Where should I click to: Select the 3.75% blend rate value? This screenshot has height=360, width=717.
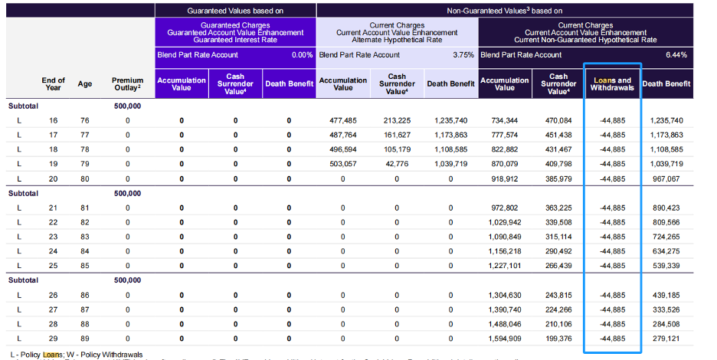click(x=462, y=55)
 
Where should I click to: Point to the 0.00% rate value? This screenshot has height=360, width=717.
click(x=302, y=55)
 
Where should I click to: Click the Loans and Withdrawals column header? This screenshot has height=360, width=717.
click(x=612, y=83)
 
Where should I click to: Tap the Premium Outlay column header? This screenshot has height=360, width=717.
click(x=127, y=84)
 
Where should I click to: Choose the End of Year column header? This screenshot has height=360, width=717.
click(x=53, y=84)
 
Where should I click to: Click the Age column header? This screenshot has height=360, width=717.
click(x=85, y=84)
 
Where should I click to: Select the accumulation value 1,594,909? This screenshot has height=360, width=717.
click(x=505, y=338)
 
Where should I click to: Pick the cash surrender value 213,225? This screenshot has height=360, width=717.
click(x=397, y=120)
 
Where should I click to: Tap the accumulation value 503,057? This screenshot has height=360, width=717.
click(x=343, y=164)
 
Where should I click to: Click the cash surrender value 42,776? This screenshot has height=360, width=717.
click(x=397, y=164)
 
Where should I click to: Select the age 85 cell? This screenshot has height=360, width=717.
click(x=85, y=266)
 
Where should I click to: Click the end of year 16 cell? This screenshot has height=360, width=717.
click(x=53, y=120)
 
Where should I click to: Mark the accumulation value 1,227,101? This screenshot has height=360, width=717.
click(x=505, y=266)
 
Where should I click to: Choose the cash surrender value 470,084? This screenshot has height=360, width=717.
click(x=558, y=120)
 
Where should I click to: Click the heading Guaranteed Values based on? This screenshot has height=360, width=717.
click(x=234, y=11)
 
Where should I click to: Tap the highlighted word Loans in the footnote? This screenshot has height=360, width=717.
click(x=52, y=355)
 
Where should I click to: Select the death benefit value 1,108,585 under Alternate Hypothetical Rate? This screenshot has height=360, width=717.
click(x=450, y=149)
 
